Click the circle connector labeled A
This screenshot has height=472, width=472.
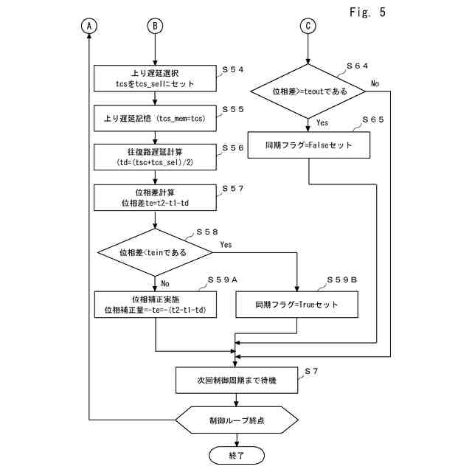point(90,25)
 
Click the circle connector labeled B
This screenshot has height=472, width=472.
point(155,25)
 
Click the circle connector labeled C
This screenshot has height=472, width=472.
point(308,25)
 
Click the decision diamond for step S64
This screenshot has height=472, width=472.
point(308,91)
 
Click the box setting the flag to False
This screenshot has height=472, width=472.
point(308,145)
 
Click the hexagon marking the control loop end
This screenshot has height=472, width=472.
point(236,421)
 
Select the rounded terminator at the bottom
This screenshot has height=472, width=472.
point(236,456)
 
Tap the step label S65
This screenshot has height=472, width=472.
point(372,119)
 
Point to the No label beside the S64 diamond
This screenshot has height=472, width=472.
point(375,83)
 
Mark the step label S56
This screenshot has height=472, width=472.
point(233,148)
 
